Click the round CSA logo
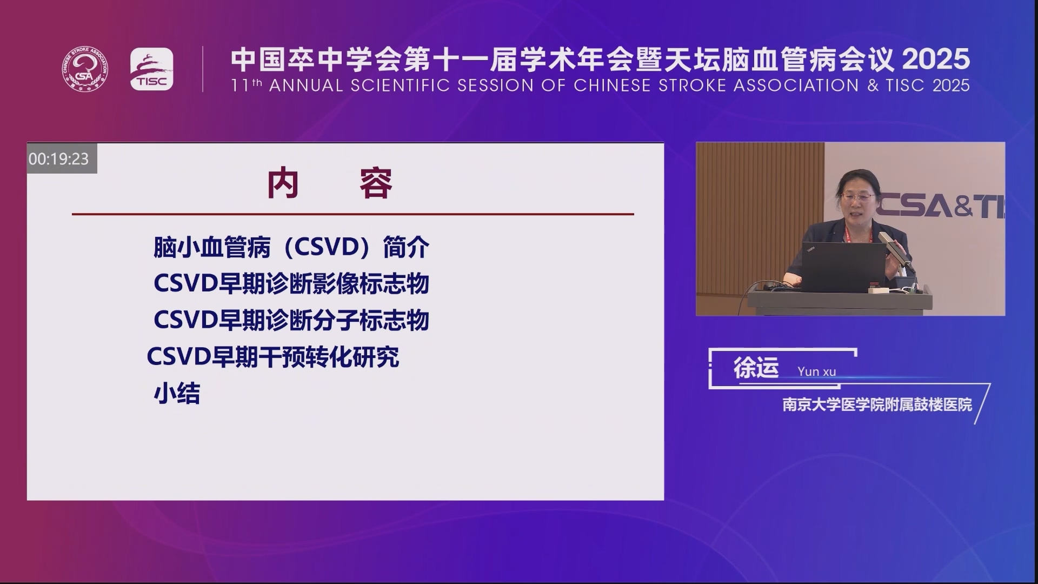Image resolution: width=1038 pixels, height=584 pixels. (x=85, y=69)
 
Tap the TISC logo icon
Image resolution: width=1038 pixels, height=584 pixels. (x=152, y=69)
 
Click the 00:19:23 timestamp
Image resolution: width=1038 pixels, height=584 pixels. (x=59, y=159)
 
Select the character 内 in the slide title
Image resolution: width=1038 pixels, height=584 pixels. (x=283, y=184)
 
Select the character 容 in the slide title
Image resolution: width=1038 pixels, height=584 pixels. (x=376, y=184)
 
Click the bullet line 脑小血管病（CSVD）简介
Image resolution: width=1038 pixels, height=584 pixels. (x=291, y=248)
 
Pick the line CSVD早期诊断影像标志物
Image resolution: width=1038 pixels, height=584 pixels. (x=291, y=284)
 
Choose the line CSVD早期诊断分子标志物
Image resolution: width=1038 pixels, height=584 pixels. (x=291, y=320)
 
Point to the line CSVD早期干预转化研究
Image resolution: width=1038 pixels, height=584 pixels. (x=273, y=357)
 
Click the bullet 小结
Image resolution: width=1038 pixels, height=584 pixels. (x=177, y=394)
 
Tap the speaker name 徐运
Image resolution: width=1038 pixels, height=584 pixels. (x=756, y=368)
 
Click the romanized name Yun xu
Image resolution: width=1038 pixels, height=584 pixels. (x=816, y=371)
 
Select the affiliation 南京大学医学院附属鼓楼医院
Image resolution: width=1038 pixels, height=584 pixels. (x=877, y=404)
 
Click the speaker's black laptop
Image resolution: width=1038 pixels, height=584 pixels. (x=843, y=267)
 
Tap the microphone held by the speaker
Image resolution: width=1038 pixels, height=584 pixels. (x=895, y=251)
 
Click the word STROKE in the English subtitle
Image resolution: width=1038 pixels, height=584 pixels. (x=691, y=85)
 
